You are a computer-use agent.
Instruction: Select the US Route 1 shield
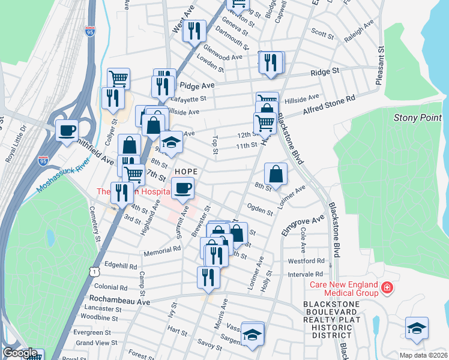pos(93,272)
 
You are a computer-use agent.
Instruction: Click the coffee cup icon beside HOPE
pos(183,188)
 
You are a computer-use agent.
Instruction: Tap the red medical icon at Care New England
pos(387,288)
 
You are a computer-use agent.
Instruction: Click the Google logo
pos(20,353)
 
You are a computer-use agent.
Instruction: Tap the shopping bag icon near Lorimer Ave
pos(275,175)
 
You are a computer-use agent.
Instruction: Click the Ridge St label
pos(325,71)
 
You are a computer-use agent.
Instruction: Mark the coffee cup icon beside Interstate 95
pos(67,130)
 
